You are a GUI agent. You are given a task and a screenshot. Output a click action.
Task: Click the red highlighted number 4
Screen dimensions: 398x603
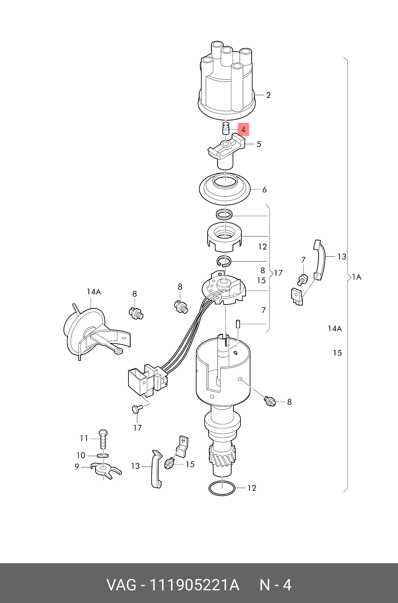pos(243,130)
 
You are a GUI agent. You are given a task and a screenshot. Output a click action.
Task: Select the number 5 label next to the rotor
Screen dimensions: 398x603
pos(259,144)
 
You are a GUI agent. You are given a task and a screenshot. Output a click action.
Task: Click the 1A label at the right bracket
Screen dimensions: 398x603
pos(357,277)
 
